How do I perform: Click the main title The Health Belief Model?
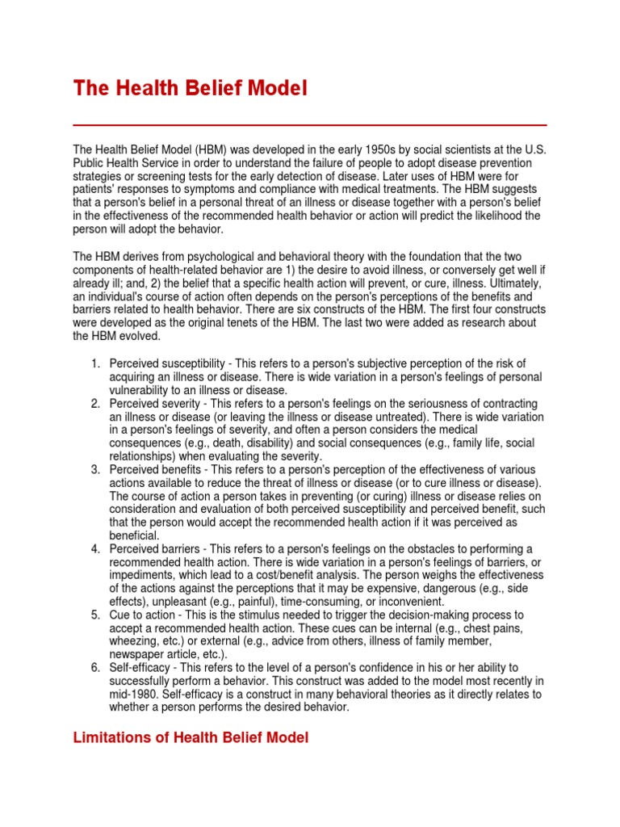pyautogui.click(x=191, y=88)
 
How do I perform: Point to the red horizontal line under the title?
pyautogui.click(x=310, y=125)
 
